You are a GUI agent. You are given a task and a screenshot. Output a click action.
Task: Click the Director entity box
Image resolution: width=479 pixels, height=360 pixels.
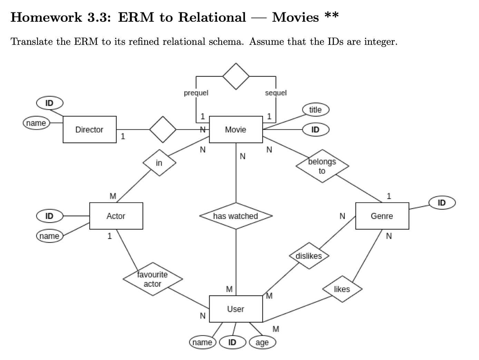89,130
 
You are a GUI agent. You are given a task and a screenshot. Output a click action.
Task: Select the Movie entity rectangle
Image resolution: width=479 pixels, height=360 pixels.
236,130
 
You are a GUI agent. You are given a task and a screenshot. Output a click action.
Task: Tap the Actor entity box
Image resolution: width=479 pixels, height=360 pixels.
116,216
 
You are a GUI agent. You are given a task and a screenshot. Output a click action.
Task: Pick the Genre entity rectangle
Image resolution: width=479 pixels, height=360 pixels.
382,216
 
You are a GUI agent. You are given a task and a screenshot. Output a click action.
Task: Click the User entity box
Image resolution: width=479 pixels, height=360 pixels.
236,309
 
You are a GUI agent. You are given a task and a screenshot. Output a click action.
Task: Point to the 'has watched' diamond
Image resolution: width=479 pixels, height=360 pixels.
236,216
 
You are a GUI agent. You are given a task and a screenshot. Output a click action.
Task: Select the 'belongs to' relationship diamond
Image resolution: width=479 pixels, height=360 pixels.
322,166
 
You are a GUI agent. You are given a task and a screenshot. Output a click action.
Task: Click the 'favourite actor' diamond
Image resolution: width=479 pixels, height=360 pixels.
153,279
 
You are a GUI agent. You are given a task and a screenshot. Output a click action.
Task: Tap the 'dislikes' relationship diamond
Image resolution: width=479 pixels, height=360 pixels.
309,256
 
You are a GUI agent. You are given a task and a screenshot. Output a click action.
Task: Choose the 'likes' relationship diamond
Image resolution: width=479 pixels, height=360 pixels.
342,289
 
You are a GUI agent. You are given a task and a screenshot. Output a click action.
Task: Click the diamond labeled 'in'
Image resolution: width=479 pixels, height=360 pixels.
159,163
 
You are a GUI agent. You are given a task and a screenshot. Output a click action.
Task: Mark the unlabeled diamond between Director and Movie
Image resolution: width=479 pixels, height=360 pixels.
163,130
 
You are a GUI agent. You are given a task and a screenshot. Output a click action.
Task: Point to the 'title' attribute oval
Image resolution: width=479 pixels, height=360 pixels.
315,110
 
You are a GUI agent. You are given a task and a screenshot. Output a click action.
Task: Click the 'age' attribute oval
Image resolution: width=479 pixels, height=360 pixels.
262,342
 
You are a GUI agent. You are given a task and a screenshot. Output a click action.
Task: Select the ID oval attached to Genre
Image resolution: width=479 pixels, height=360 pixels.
442,202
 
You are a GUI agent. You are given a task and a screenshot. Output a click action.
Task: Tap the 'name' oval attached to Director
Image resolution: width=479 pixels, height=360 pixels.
36,123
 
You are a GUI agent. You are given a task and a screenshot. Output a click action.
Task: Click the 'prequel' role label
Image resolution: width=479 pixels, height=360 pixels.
196,93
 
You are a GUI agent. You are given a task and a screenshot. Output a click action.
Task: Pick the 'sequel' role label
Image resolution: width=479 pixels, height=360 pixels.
275,93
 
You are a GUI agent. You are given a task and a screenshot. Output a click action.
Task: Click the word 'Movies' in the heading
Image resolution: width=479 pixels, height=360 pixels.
295,17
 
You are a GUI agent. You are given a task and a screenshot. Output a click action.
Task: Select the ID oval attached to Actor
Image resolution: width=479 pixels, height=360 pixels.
50,216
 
